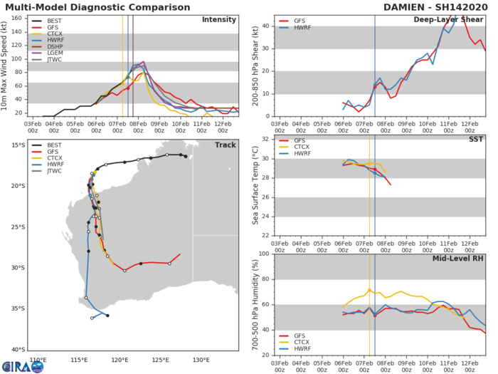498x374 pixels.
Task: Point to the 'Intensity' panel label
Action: tap(219, 19)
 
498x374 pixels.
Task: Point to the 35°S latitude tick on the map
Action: tap(17, 308)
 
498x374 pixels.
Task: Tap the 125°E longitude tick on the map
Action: tap(159, 360)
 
